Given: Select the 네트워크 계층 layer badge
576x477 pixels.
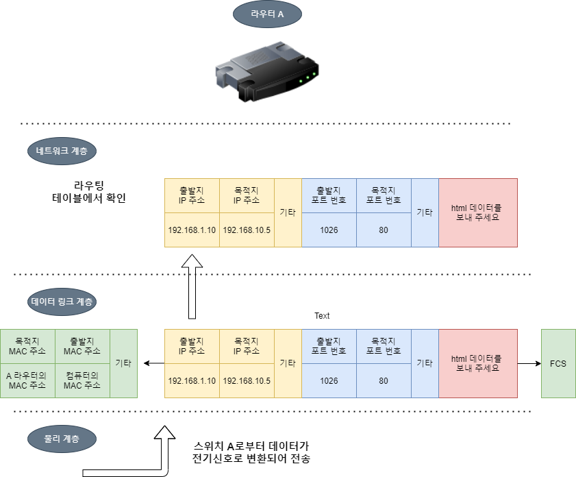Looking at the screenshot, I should click(62, 151).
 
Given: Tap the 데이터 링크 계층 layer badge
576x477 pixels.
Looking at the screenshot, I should click(62, 302).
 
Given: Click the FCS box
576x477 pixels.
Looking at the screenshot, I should click(558, 363).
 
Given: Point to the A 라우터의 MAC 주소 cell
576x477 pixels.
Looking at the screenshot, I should click(27, 380).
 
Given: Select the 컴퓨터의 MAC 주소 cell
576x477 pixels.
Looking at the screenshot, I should click(82, 380).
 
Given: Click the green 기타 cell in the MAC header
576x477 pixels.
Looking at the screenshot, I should click(123, 363).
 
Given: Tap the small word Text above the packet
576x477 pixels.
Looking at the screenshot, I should click(322, 316).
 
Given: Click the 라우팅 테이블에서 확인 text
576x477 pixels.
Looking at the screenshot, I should click(89, 192).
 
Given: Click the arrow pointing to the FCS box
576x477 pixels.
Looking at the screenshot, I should click(529, 363).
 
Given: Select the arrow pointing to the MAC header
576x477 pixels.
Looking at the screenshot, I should click(151, 363).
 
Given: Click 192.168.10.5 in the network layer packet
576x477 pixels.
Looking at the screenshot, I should click(247, 230).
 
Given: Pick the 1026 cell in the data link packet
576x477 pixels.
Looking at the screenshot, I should click(329, 380).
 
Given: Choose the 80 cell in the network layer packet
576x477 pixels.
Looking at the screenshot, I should click(384, 230).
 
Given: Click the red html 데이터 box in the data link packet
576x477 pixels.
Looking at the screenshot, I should click(477, 363).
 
